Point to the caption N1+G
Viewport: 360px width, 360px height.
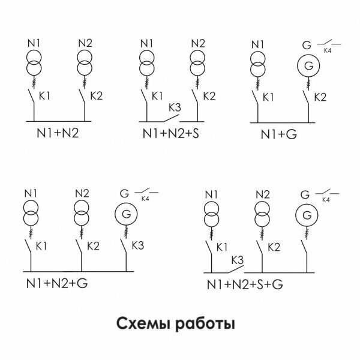tap(278, 134)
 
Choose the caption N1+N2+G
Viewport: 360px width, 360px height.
tap(56, 282)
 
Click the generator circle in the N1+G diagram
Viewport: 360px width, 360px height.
tap(308, 65)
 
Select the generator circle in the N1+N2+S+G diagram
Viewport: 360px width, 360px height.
tap(306, 215)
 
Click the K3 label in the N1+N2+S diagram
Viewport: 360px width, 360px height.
tap(175, 107)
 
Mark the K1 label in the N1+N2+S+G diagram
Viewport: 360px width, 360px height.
tap(221, 247)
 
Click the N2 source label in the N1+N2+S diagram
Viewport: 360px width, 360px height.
tap(198, 43)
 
